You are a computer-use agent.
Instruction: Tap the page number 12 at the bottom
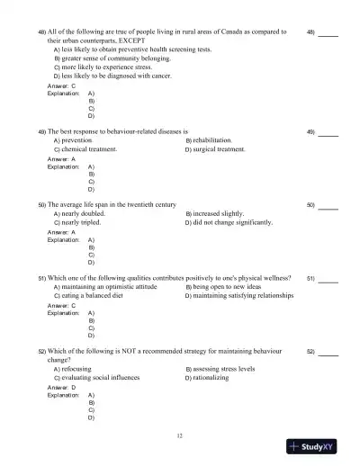(x=181, y=435)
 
